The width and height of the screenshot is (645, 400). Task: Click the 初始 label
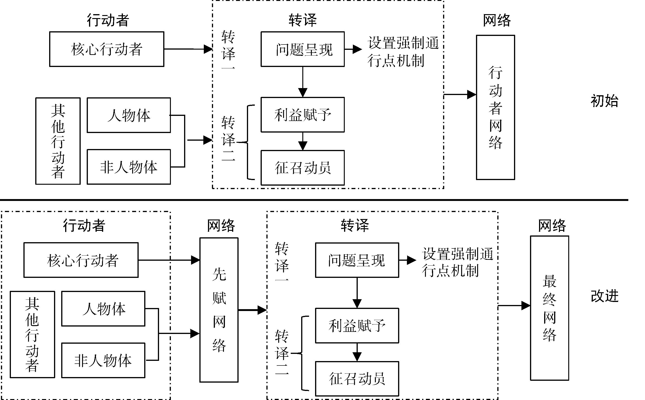click(604, 101)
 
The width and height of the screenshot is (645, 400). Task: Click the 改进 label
click(604, 296)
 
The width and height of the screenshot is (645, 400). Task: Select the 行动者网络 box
click(495, 107)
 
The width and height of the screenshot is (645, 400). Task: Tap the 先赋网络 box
click(219, 310)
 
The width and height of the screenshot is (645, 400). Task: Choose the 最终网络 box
click(549, 308)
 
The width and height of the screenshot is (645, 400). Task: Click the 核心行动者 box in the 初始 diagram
click(107, 49)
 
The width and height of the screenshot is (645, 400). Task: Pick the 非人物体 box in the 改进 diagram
click(103, 360)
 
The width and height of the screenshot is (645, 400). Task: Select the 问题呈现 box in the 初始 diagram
click(303, 49)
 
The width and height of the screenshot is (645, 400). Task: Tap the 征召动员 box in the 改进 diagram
click(357, 379)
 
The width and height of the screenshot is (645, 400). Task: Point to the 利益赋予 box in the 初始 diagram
click(303, 115)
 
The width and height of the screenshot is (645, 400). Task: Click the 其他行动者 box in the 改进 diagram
click(32, 334)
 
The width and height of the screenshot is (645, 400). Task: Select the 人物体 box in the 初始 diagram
click(129, 115)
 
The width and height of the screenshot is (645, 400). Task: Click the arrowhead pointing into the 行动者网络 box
click(472, 95)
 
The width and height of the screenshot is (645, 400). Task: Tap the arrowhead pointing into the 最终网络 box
click(526, 305)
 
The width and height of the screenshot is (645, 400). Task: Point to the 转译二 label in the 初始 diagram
click(228, 139)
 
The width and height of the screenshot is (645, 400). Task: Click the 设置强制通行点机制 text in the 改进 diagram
click(457, 262)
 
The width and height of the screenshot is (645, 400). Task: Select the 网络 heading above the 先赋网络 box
click(221, 226)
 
